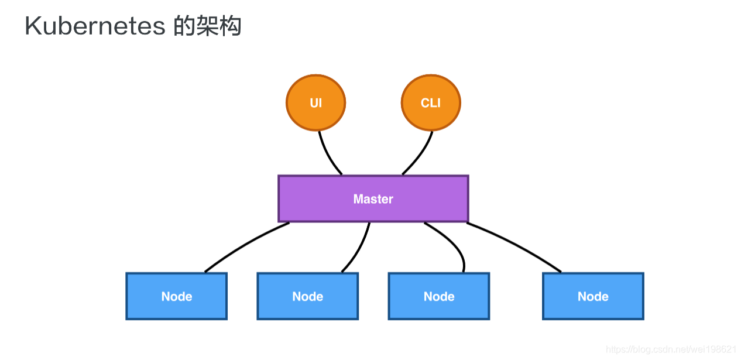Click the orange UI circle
click(315, 103)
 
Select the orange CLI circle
click(431, 103)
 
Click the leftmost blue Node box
click(176, 296)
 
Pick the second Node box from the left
click(307, 296)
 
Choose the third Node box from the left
click(439, 296)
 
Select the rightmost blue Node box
click(593, 296)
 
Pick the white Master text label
click(373, 199)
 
